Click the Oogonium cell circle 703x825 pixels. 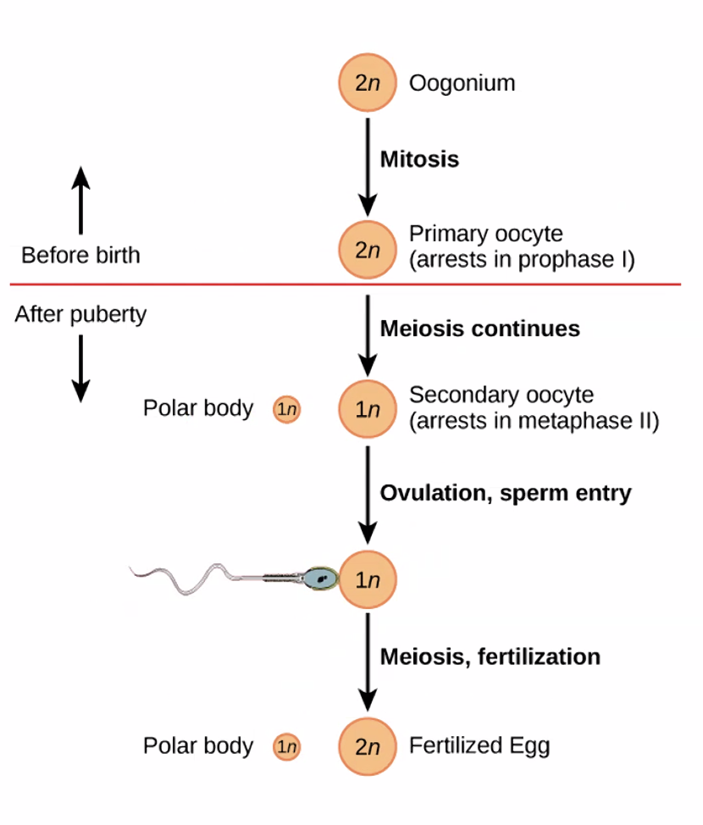(367, 83)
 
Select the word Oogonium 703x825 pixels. (462, 83)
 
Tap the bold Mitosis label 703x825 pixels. (419, 159)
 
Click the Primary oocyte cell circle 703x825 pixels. (367, 250)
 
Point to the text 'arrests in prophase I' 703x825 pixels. (521, 259)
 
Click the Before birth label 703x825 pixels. (80, 255)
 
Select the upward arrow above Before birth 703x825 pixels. (80, 199)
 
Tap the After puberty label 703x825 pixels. (80, 314)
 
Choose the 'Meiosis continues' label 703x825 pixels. (479, 329)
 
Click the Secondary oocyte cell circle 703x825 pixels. (367, 409)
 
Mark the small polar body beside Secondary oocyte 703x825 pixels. (286, 410)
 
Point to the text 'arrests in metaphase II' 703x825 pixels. (534, 420)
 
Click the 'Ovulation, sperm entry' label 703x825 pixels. (505, 493)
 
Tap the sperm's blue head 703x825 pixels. (321, 579)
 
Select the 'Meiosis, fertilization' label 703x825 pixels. (490, 656)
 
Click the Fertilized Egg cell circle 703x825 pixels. (367, 747)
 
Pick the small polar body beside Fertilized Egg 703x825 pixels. (286, 747)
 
